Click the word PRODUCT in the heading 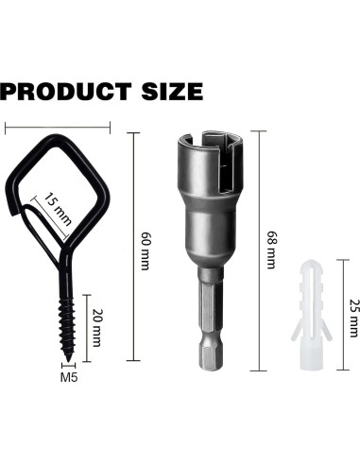(x=66, y=92)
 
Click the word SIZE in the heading (x=172, y=92)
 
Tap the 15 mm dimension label (x=57, y=210)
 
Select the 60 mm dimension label (x=146, y=251)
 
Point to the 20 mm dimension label (x=97, y=328)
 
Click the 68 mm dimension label (x=272, y=250)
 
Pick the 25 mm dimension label (x=354, y=318)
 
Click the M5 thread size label (x=69, y=377)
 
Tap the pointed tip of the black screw (x=68, y=360)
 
